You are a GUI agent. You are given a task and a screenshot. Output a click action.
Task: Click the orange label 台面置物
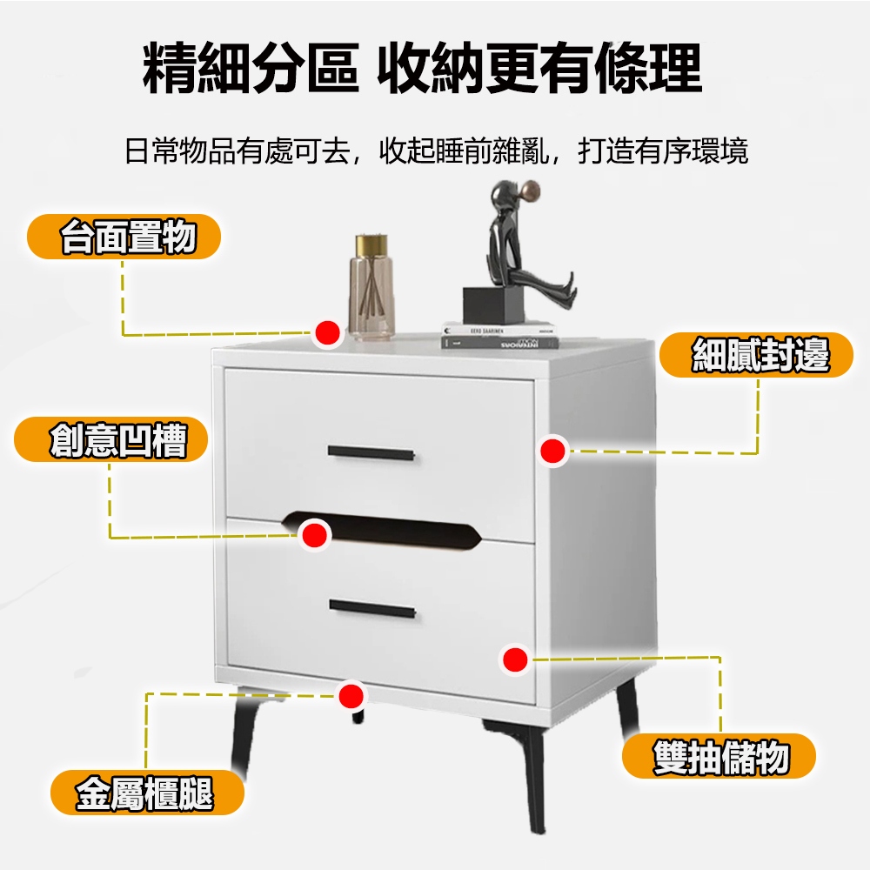pyautogui.click(x=124, y=237)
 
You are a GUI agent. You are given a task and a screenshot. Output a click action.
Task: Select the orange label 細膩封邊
pyautogui.click(x=756, y=355)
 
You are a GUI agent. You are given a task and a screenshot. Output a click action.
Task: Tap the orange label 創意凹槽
pyautogui.click(x=111, y=439)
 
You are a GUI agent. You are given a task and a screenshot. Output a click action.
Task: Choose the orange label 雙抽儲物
pyautogui.click(x=719, y=756)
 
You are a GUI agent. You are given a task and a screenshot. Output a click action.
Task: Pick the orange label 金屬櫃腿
pyautogui.click(x=147, y=793)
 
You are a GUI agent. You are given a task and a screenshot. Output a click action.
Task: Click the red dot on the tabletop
pyautogui.click(x=328, y=333)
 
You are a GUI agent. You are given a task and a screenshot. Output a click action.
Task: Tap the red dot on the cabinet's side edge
pyautogui.click(x=552, y=451)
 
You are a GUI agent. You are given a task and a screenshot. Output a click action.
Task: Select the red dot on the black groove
pyautogui.click(x=315, y=535)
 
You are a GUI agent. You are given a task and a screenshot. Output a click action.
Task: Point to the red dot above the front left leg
pyautogui.click(x=351, y=696)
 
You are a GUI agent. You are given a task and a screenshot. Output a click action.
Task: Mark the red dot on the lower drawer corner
pyautogui.click(x=515, y=659)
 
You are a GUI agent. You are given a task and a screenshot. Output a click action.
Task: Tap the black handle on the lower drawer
pyautogui.click(x=372, y=608)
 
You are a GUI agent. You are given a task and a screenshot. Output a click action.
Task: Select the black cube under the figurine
pyautogui.click(x=493, y=304)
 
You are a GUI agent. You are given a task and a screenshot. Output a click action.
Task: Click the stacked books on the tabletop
pyautogui.click(x=500, y=335)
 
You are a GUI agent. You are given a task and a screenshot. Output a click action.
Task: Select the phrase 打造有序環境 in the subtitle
pyautogui.click(x=663, y=151)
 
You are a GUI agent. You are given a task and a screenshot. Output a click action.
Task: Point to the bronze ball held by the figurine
pyautogui.click(x=531, y=191)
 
